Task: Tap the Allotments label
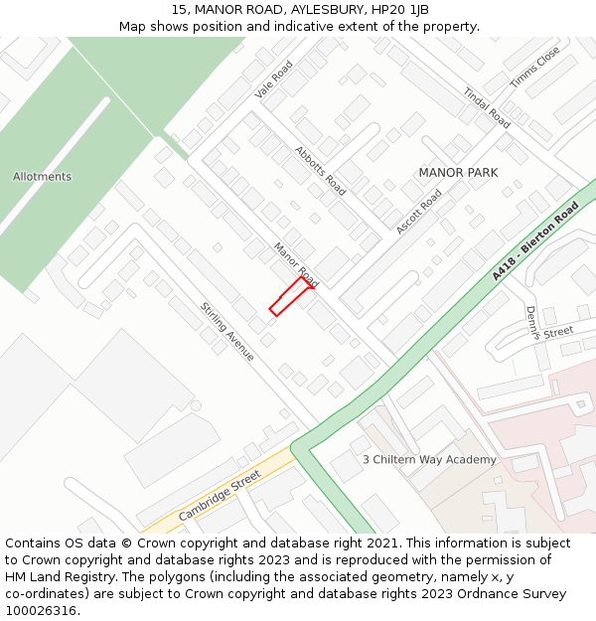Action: pyautogui.click(x=42, y=177)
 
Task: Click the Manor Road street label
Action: pyautogui.click(x=295, y=264)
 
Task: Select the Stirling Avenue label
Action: pyautogui.click(x=227, y=332)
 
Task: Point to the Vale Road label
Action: pyautogui.click(x=274, y=78)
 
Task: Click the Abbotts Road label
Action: pyautogui.click(x=321, y=171)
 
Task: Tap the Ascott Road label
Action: pyautogui.click(x=418, y=213)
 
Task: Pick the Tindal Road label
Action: pyautogui.click(x=487, y=107)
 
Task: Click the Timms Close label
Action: pyautogui.click(x=534, y=67)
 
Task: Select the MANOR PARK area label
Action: pyautogui.click(x=458, y=173)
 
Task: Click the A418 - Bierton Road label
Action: pyautogui.click(x=534, y=241)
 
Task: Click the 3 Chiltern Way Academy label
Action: pyautogui.click(x=429, y=460)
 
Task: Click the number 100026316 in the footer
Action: pyautogui.click(x=41, y=611)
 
